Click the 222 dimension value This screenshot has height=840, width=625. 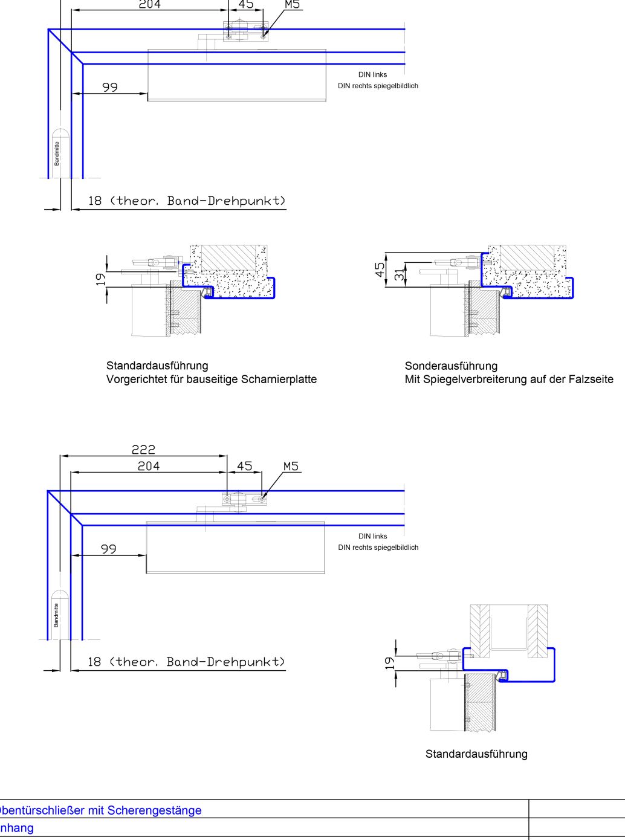tap(143, 450)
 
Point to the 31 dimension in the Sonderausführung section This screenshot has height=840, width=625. tap(399, 274)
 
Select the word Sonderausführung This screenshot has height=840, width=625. tap(451, 366)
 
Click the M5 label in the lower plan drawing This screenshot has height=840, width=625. tap(291, 467)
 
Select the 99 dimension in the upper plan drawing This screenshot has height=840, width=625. tap(110, 87)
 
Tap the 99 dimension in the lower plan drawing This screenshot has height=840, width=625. tap(109, 549)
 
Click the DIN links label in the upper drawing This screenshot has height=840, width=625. tap(372, 75)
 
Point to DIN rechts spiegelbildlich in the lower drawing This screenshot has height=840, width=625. tap(378, 548)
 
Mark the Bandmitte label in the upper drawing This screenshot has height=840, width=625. tap(57, 153)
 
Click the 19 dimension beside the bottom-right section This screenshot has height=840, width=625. tap(390, 663)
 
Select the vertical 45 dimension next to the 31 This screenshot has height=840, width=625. tap(380, 270)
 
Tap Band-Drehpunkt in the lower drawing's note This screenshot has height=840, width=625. tap(225, 662)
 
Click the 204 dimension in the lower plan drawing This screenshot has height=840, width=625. tap(149, 466)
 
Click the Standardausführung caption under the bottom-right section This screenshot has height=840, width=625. tap(476, 754)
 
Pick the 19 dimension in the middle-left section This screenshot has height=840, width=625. tap(100, 279)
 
